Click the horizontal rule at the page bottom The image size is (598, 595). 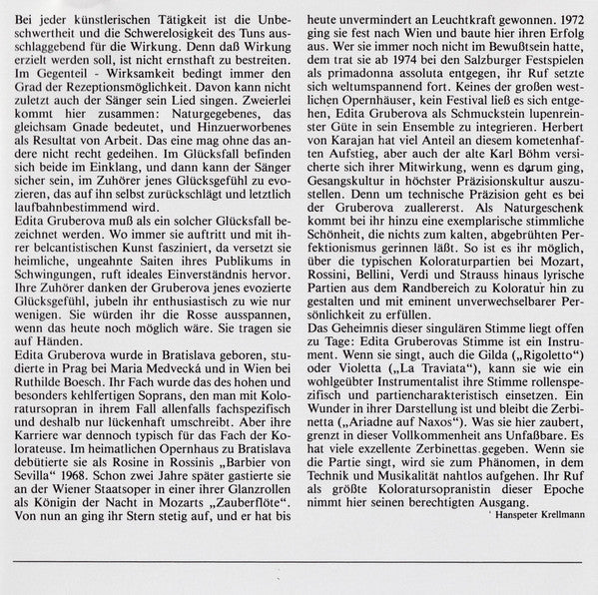[299, 566]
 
